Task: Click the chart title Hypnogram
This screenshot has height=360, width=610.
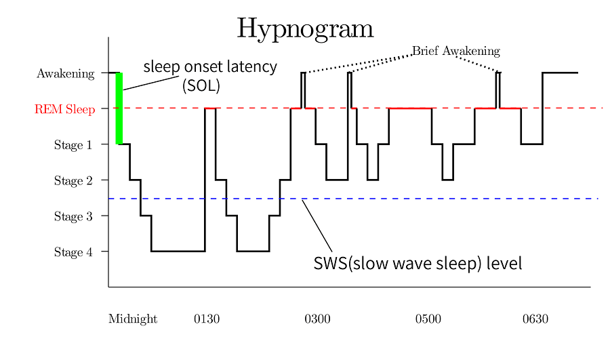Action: [305, 28]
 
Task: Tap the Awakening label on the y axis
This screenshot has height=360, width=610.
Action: [65, 73]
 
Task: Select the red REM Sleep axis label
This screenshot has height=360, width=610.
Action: [64, 109]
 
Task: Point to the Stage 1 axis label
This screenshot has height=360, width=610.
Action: [73, 145]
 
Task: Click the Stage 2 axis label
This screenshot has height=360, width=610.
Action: [73, 181]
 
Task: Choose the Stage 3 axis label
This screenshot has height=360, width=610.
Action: [73, 217]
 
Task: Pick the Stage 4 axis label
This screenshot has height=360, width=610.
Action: [73, 253]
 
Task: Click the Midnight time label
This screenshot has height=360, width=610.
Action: [133, 319]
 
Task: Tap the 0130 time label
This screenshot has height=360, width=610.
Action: [207, 319]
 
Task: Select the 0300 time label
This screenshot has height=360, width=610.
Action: [317, 319]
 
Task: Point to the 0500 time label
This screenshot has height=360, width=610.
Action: [428, 319]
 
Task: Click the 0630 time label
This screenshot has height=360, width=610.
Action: [535, 319]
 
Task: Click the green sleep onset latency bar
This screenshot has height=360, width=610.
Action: [119, 108]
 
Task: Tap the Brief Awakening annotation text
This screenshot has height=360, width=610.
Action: [455, 51]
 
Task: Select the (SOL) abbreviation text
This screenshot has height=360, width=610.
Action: [201, 85]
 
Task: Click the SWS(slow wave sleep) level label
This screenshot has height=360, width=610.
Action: [418, 264]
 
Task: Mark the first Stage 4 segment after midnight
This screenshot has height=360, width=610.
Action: [178, 252]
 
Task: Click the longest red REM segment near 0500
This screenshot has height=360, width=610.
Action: [410, 108]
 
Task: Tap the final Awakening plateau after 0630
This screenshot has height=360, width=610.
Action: [560, 73]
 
